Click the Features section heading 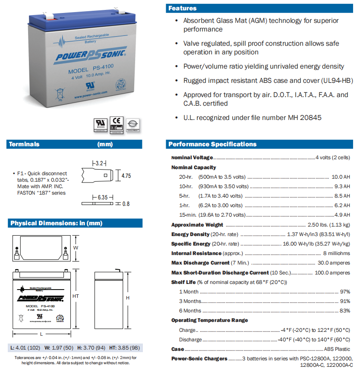click(182, 8)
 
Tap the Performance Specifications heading click(212, 144)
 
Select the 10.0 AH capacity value click(341, 177)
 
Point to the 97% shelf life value click(345, 292)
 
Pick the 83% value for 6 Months click(345, 311)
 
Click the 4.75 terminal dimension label click(126, 176)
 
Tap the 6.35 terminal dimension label click(102, 197)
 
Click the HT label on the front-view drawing click(76, 296)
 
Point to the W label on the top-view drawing click(76, 248)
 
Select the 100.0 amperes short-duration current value click(332, 273)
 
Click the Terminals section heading click(24, 144)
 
